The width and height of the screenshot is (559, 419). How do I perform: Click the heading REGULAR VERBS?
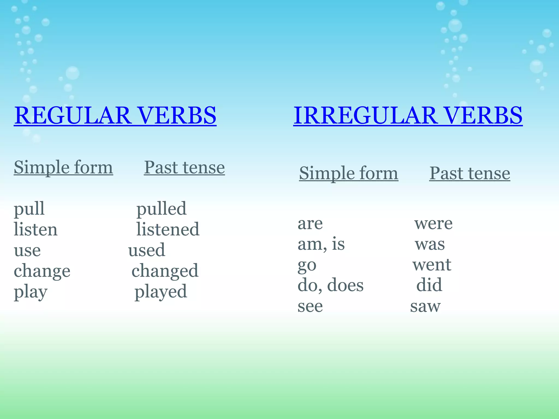click(x=115, y=116)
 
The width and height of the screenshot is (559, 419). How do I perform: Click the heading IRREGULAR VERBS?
click(x=408, y=116)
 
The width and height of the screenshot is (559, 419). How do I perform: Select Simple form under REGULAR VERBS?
click(x=63, y=167)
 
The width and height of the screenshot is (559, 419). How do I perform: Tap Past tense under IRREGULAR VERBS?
click(x=469, y=173)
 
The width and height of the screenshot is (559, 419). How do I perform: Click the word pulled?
click(x=161, y=209)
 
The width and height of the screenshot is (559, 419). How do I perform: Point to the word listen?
click(x=35, y=230)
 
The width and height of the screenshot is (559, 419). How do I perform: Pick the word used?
click(x=147, y=250)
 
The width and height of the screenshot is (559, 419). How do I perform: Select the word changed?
click(x=165, y=271)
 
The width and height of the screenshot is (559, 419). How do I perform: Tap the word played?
click(x=161, y=292)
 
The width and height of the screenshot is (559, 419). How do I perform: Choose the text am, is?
click(x=321, y=244)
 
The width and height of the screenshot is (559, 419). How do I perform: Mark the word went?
click(x=432, y=265)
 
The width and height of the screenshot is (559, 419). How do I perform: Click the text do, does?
click(x=330, y=286)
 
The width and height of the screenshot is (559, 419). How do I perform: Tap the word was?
click(x=430, y=244)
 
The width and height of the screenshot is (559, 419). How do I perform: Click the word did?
click(x=429, y=285)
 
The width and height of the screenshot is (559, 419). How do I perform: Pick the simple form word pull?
click(x=29, y=209)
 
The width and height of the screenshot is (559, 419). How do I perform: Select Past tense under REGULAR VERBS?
click(x=184, y=167)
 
